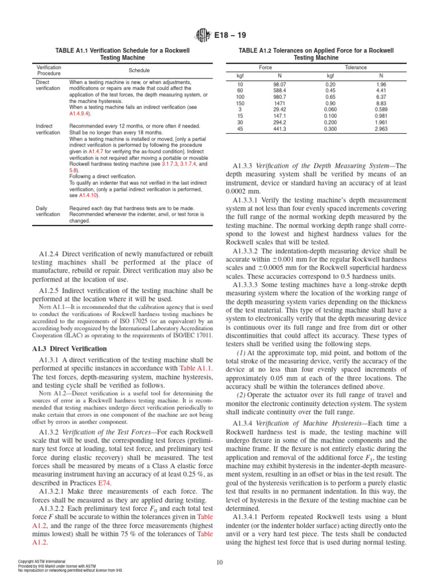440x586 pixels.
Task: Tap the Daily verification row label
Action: coord(48,211)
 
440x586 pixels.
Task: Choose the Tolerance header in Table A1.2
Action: coord(355,67)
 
